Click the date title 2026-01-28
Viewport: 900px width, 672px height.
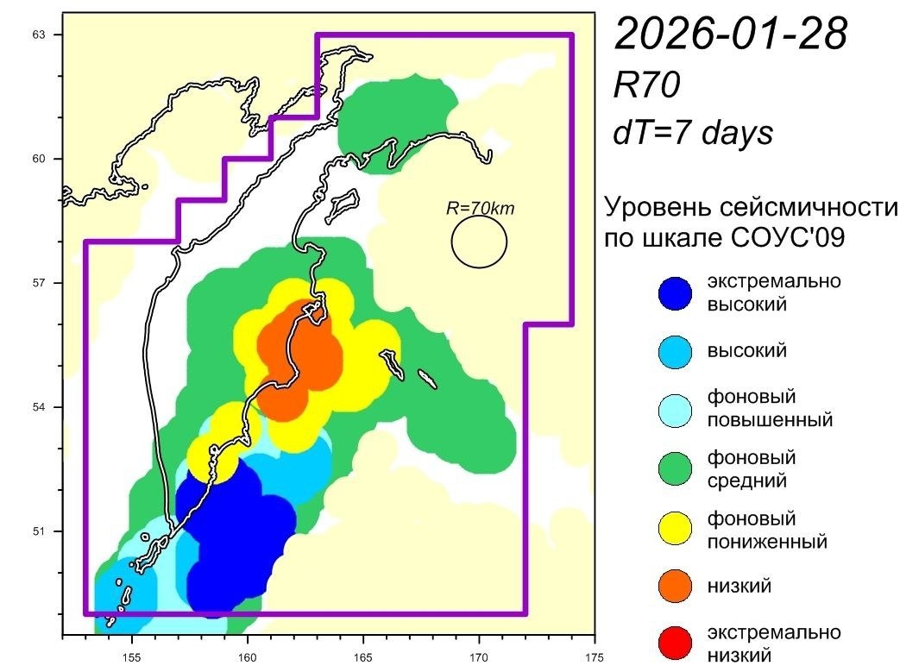pyautogui.click(x=730, y=35)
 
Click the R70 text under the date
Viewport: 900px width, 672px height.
pyautogui.click(x=647, y=85)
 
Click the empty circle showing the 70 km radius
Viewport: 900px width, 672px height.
pyautogui.click(x=479, y=242)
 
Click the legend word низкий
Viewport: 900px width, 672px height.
pyautogui.click(x=739, y=587)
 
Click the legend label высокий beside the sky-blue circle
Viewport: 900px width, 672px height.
pyautogui.click(x=746, y=351)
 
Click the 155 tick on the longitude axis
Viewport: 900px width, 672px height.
pyautogui.click(x=131, y=653)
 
